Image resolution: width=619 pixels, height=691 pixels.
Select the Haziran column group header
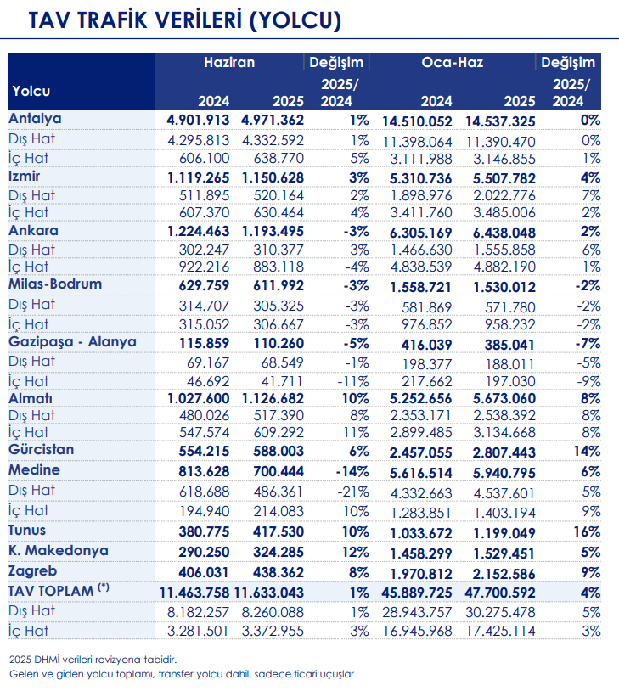[228, 63]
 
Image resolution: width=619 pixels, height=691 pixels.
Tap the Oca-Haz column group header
[452, 63]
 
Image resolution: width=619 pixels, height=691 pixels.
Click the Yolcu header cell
[31, 91]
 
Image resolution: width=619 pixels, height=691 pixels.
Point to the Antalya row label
[35, 119]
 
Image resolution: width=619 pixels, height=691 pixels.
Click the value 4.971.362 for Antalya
[273, 121]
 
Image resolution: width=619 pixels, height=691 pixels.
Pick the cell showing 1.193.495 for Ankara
[273, 232]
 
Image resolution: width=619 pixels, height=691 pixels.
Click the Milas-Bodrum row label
[55, 284]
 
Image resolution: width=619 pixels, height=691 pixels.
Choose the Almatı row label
[31, 396]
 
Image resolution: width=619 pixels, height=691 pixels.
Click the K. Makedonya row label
[58, 550]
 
